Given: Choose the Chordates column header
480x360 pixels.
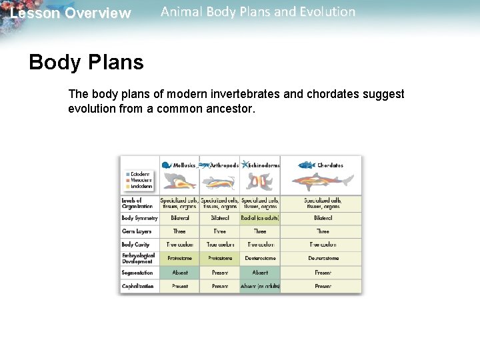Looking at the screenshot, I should pos(329,165).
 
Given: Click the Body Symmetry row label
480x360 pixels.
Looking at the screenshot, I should pos(139,218).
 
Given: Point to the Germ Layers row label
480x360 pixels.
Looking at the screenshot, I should pos(138,231).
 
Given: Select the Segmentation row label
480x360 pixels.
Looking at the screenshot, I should pos(137,273).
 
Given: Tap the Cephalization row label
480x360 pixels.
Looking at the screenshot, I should pos(138,286).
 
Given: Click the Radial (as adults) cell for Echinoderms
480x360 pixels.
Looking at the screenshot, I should pos(260,218).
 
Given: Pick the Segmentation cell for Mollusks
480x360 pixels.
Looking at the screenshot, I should pos(180,273).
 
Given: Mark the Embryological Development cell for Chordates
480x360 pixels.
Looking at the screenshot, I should pos(323,258).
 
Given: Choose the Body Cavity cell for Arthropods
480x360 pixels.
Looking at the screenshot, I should pos(220,245).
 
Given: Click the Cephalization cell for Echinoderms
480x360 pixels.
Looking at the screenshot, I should pos(260,286).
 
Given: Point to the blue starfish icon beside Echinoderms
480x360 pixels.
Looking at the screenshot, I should pos(245,164).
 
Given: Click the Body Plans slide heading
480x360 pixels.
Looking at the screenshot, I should pos(86,63).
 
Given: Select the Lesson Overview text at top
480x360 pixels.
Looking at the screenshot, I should pos(71,13).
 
